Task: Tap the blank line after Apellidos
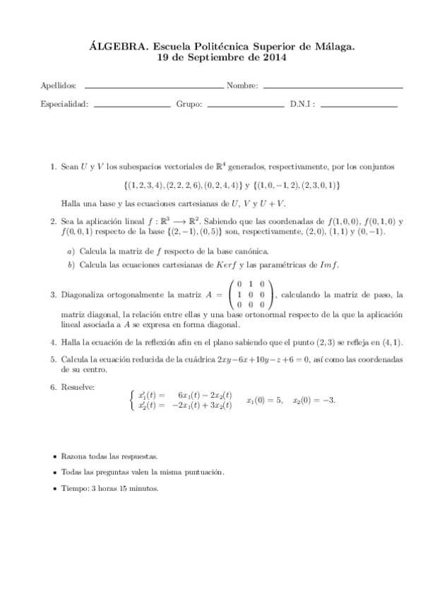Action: tap(153, 87)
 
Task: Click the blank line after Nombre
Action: tap(332, 87)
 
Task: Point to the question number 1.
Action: tap(53, 167)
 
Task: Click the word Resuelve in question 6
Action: tap(78, 388)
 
